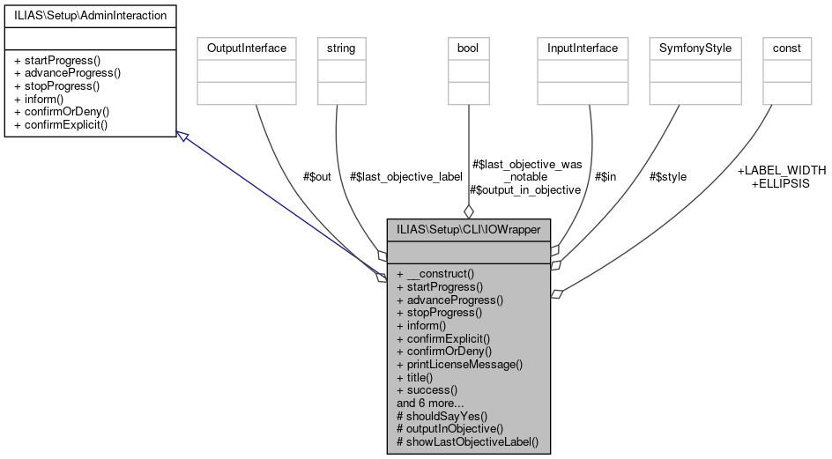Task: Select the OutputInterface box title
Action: (246, 48)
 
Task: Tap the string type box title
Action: (341, 48)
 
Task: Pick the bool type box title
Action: (468, 48)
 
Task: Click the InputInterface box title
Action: (583, 48)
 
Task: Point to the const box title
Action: (786, 48)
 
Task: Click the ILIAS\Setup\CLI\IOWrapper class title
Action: (468, 229)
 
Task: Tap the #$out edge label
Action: (316, 177)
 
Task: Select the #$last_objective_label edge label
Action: (405, 177)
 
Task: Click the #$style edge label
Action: (667, 177)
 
